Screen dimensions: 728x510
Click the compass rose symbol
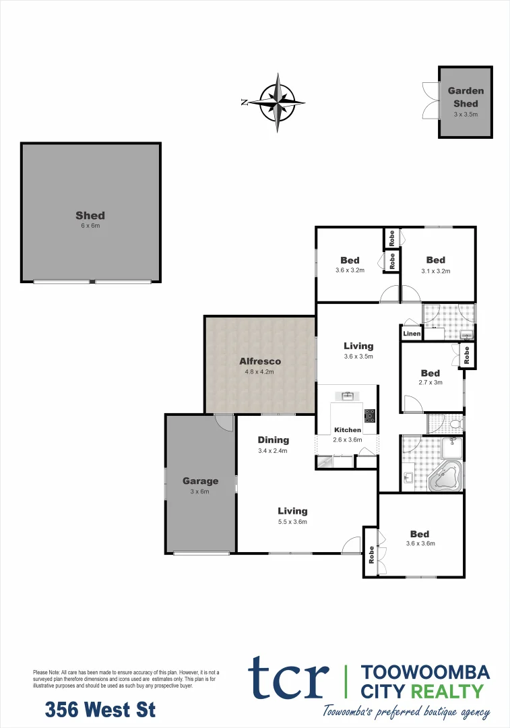click(x=278, y=102)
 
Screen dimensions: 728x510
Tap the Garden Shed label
click(x=466, y=97)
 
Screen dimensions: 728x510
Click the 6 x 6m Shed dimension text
click(x=90, y=226)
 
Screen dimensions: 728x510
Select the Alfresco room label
click(x=260, y=361)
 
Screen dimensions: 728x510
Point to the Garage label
click(x=200, y=481)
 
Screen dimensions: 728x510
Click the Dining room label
click(x=273, y=440)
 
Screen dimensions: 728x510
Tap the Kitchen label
click(x=348, y=430)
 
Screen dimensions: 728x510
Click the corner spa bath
click(x=445, y=477)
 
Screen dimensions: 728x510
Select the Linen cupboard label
click(x=412, y=334)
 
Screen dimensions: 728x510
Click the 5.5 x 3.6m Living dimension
click(x=292, y=521)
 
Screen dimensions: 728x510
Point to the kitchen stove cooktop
click(x=370, y=415)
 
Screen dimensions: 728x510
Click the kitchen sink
click(x=348, y=396)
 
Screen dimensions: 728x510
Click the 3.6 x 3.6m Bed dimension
click(x=420, y=543)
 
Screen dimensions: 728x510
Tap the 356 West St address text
click(x=100, y=710)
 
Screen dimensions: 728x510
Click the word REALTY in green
click(x=451, y=691)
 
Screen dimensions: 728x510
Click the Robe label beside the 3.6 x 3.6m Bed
click(x=371, y=553)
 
